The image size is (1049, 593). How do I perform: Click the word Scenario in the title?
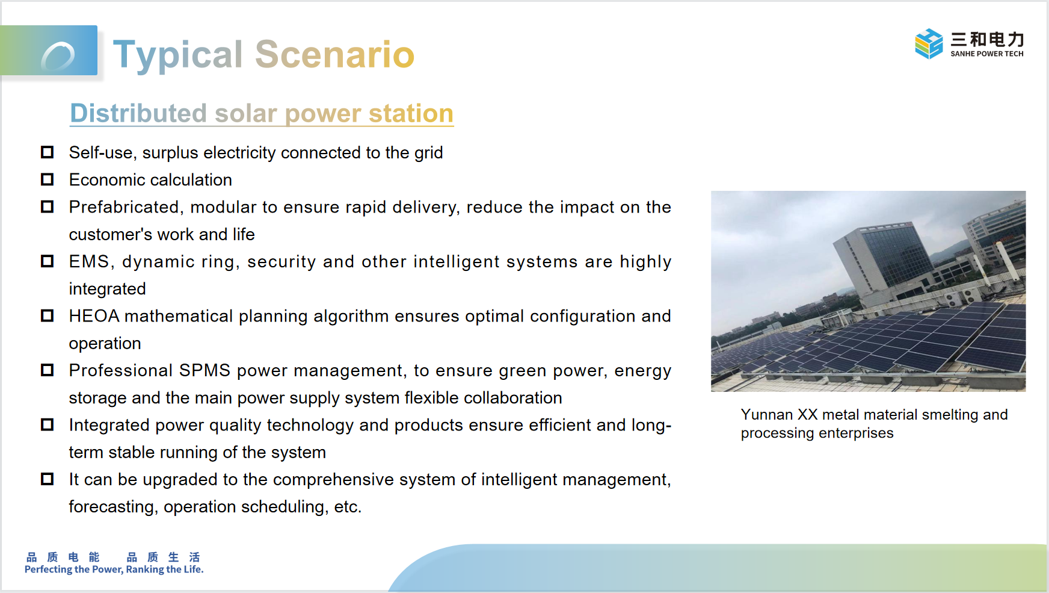pyautogui.click(x=335, y=54)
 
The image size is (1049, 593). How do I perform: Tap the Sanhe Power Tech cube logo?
pyautogui.click(x=929, y=43)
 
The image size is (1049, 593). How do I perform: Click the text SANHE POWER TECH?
pyautogui.click(x=987, y=54)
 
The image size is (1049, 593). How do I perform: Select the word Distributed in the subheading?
pyautogui.click(x=138, y=113)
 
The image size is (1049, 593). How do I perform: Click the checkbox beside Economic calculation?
pyautogui.click(x=47, y=179)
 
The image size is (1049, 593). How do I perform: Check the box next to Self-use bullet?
pyautogui.click(x=47, y=152)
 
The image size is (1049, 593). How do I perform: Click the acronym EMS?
pyautogui.click(x=90, y=261)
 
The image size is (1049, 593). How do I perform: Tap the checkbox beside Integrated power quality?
pyautogui.click(x=47, y=425)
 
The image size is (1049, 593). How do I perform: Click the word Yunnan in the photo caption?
pyautogui.click(x=767, y=415)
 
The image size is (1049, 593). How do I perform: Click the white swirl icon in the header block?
pyautogui.click(x=58, y=56)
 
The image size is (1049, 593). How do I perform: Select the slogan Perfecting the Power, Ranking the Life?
pyautogui.click(x=114, y=570)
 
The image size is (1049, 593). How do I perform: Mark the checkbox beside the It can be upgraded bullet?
pyautogui.click(x=47, y=479)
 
